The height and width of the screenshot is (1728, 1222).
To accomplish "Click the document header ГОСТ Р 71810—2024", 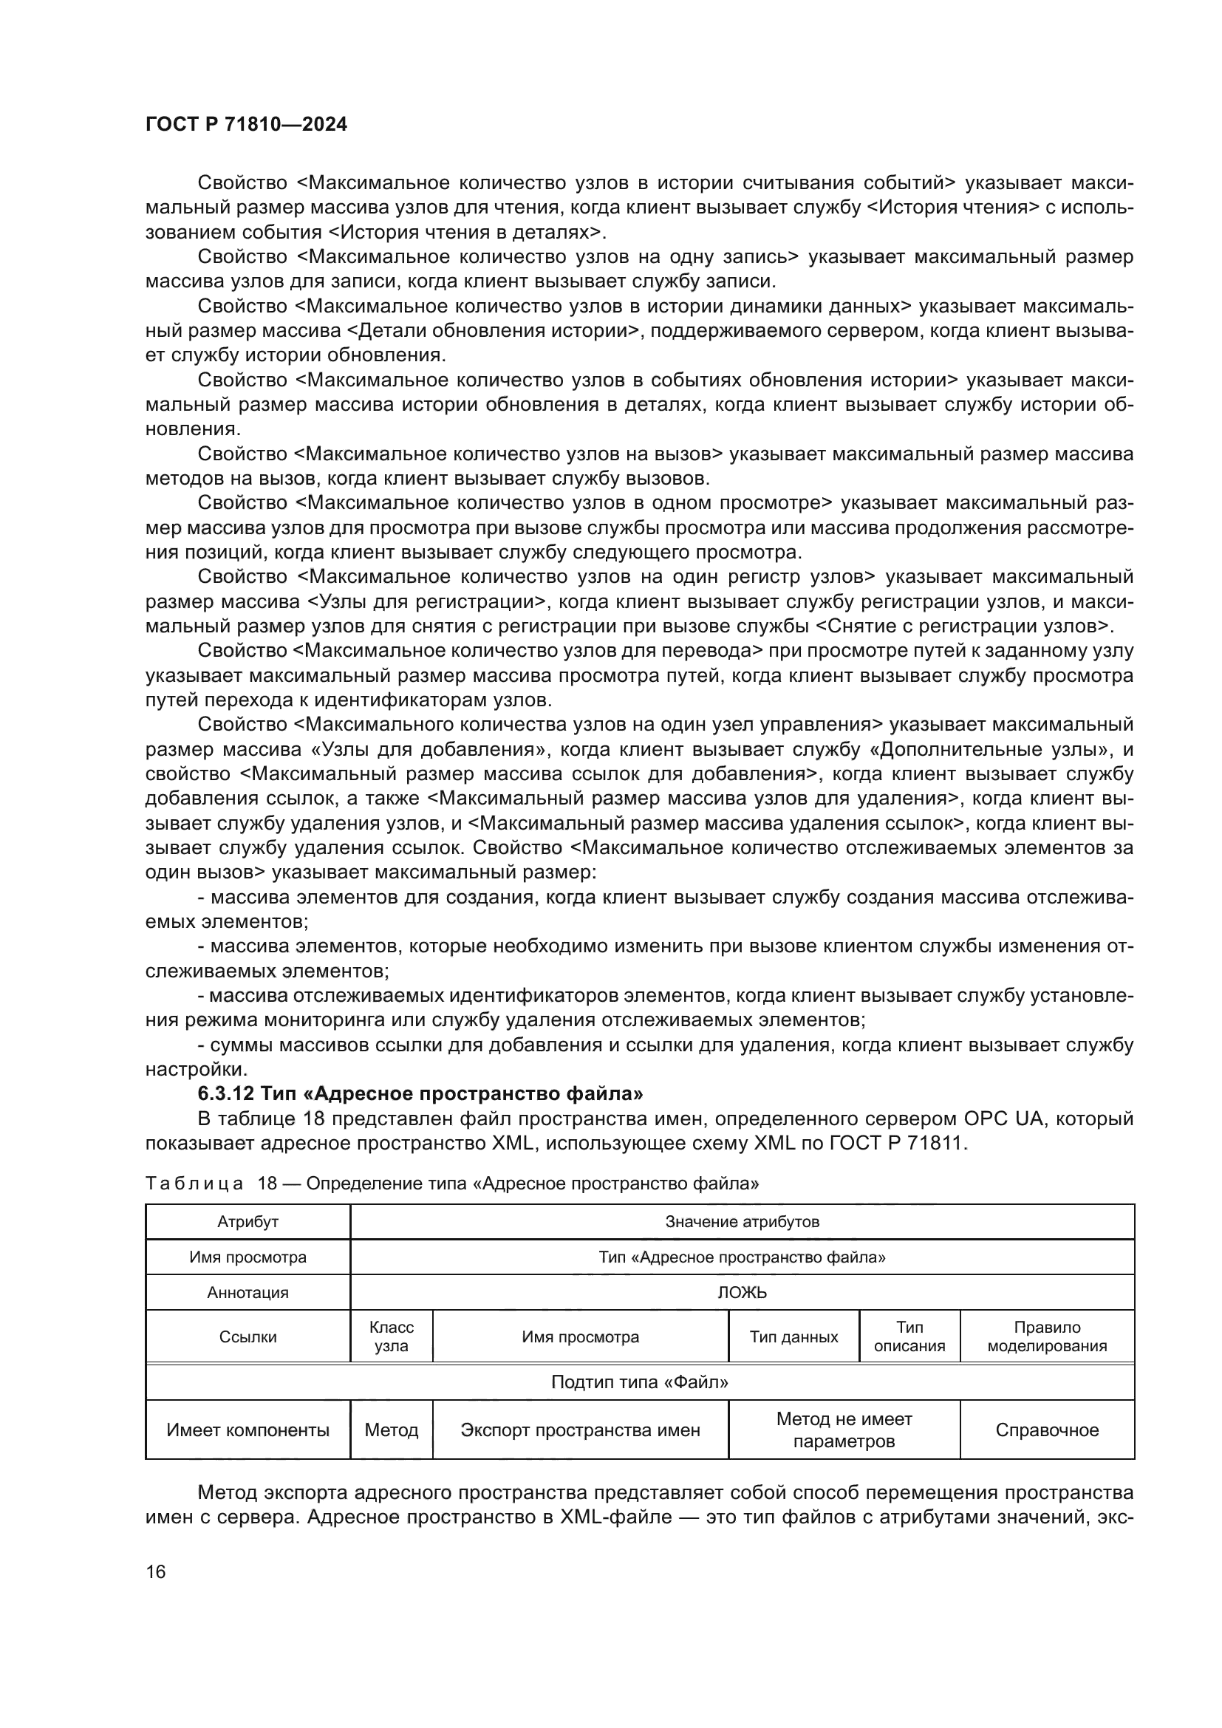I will [246, 125].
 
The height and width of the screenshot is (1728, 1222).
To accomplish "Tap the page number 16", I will [156, 1571].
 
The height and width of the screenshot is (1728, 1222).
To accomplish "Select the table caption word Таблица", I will [194, 1184].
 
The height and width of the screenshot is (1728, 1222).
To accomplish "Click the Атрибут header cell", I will [248, 1221].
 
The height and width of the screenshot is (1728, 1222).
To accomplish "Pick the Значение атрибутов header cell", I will [741, 1221].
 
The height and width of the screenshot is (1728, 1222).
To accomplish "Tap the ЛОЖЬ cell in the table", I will [741, 1293].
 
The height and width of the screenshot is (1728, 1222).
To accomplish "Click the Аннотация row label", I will [248, 1293].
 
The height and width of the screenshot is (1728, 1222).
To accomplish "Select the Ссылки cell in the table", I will [248, 1337].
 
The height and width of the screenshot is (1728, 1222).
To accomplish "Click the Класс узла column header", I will [392, 1337].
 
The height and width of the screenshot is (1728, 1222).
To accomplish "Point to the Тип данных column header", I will [793, 1337].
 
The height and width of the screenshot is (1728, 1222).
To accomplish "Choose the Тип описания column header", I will [909, 1337].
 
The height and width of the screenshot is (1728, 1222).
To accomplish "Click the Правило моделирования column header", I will [1047, 1337].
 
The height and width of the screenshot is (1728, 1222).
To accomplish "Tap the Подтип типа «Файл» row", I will [640, 1382].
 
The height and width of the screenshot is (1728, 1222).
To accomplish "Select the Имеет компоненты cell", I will [248, 1431].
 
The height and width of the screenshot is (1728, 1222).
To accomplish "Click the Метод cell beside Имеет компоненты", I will [392, 1431].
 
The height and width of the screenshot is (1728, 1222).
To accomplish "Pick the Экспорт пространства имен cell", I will [580, 1431].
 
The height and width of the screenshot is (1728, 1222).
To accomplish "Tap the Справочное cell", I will [1047, 1431].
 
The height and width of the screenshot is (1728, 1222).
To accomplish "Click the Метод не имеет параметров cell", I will [844, 1431].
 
